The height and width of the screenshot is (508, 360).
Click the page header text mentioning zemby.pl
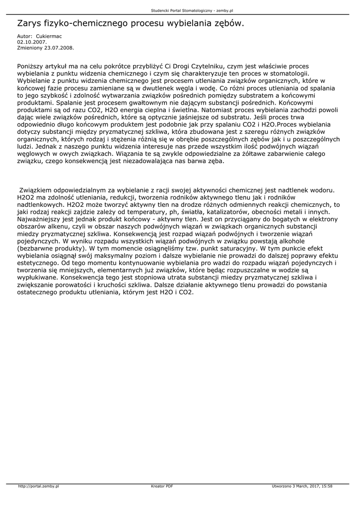click(179, 10)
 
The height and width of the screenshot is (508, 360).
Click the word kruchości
click(111, 286)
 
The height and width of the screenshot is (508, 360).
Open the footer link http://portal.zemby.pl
click(38, 487)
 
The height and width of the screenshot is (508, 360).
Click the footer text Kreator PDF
click(162, 487)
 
